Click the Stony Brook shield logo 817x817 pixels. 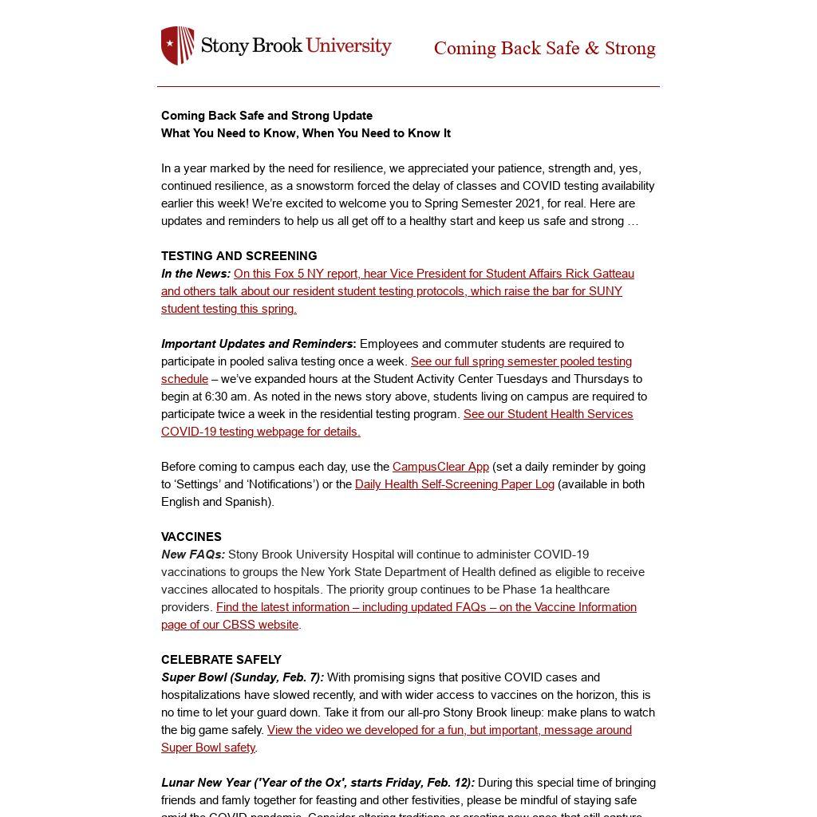point(178,45)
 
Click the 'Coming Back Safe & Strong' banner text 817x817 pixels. point(544,49)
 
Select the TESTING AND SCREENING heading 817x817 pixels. point(239,256)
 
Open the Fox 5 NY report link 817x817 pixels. point(397,291)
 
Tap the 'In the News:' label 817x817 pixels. point(195,274)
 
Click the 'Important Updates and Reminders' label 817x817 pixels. point(257,344)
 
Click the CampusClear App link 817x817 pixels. point(440,467)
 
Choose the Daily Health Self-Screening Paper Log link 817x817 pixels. point(454,484)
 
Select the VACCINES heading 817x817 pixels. point(191,537)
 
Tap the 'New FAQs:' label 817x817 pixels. point(193,555)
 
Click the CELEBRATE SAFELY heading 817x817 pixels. point(221,660)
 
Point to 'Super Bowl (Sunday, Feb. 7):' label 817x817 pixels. point(243,677)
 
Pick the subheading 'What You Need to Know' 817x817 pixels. point(306,133)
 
